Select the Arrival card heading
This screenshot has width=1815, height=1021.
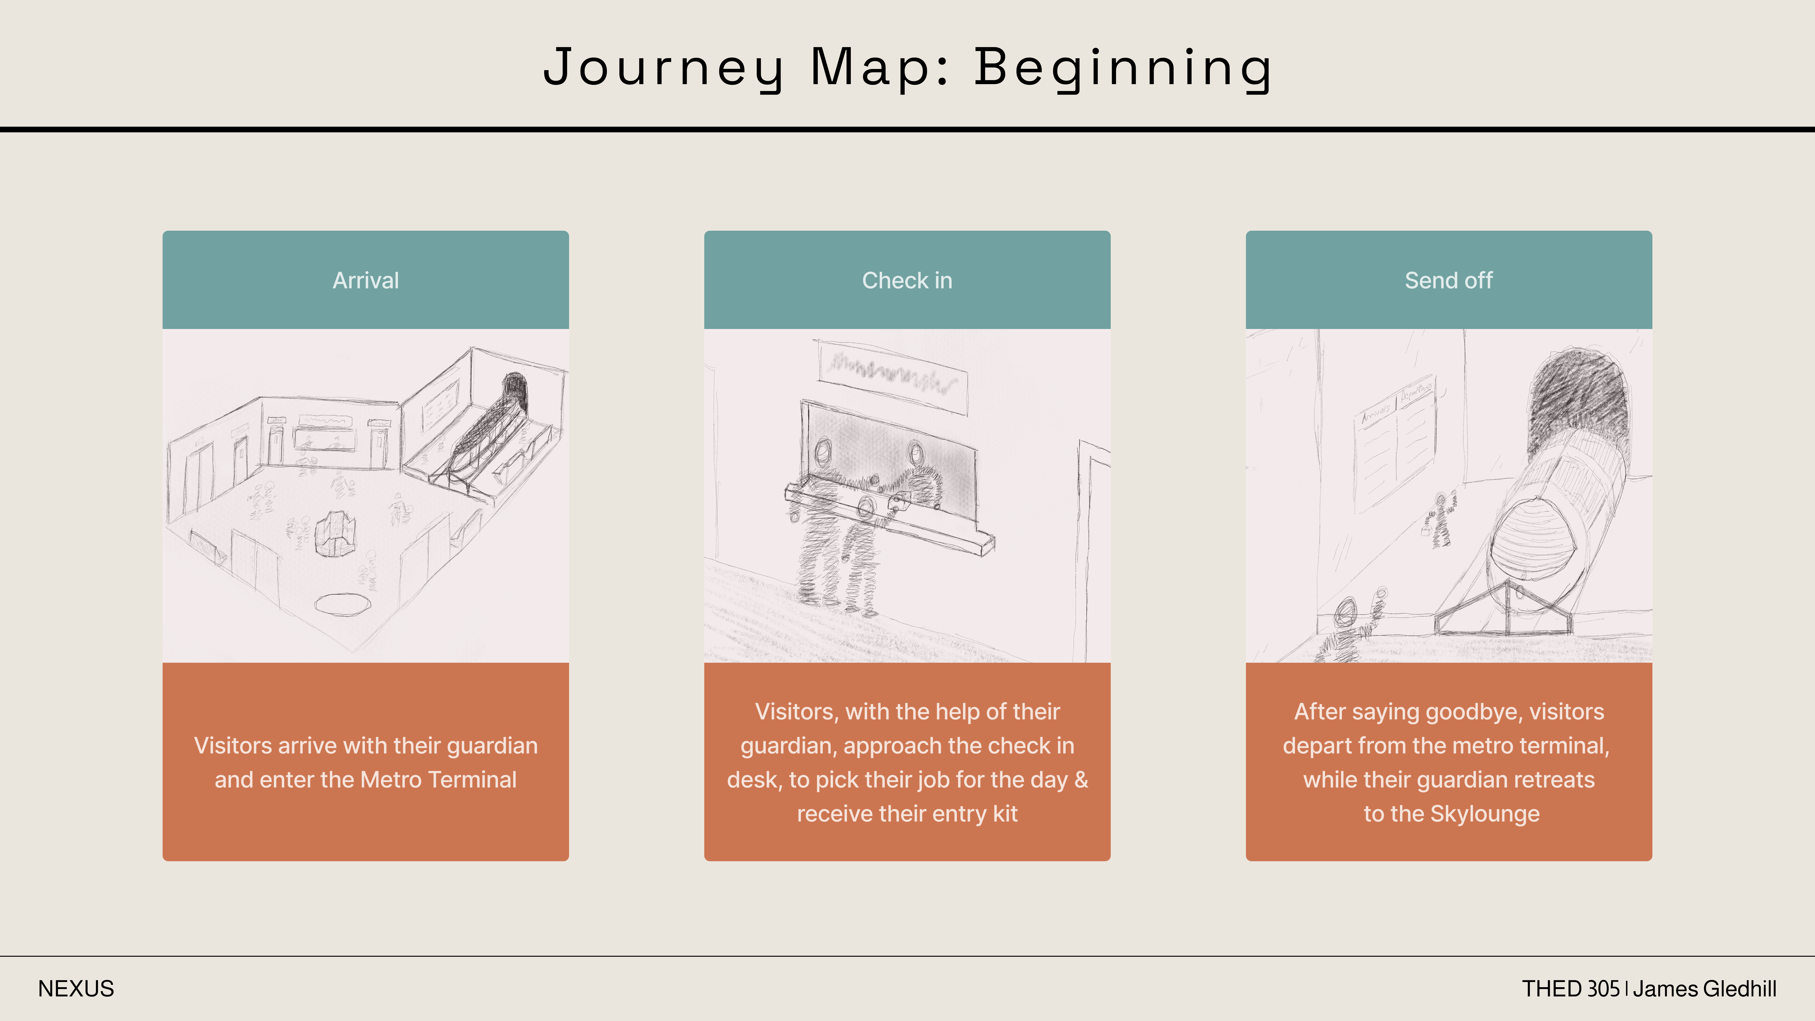coord(366,281)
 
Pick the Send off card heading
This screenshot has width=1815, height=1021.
coord(1449,281)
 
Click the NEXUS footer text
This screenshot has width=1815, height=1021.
coord(76,989)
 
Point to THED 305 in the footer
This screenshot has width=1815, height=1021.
coord(1570,989)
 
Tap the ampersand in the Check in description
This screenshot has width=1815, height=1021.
coord(1081,779)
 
